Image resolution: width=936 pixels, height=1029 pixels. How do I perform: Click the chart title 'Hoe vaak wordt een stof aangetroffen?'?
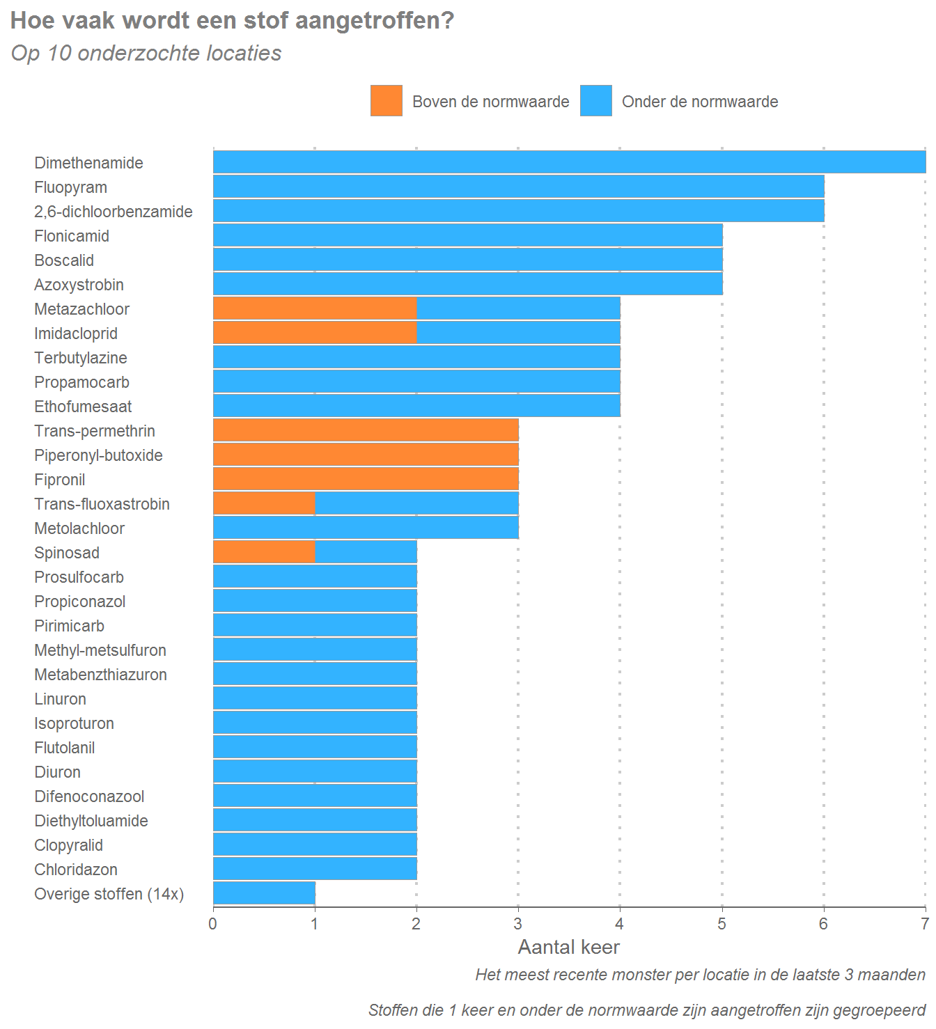[x=232, y=21]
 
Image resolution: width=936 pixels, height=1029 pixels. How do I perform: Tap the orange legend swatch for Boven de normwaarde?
[x=387, y=101]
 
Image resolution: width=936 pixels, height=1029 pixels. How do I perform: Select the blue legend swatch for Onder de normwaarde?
[x=596, y=101]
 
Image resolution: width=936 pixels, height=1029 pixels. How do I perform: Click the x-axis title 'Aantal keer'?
[x=568, y=947]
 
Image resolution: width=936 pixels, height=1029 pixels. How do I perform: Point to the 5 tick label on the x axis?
[x=721, y=924]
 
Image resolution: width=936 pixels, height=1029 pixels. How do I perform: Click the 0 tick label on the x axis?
[x=213, y=924]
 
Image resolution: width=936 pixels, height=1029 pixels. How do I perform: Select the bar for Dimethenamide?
[x=569, y=162]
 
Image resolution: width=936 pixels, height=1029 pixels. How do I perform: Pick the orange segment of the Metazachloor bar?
[x=315, y=308]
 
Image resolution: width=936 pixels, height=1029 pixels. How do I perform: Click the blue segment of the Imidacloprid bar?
[x=518, y=333]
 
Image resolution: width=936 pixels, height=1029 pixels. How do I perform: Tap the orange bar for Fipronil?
[x=366, y=479]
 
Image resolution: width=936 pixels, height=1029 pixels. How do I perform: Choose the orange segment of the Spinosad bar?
[x=264, y=552]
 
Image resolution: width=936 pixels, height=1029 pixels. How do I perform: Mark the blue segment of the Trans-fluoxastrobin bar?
[x=416, y=503]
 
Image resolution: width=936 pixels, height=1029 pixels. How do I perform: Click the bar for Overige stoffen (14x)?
[x=264, y=893]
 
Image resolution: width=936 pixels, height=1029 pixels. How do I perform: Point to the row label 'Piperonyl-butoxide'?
[x=98, y=455]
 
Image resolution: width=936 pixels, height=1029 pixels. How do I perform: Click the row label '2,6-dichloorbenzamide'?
[x=114, y=212]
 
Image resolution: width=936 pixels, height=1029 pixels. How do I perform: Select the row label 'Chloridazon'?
[x=76, y=870]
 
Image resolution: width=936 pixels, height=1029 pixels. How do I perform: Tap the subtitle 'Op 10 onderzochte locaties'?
[x=146, y=54]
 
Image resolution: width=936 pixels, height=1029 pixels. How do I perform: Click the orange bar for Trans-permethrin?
[x=366, y=430]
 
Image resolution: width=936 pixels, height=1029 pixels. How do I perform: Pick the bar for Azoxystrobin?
[x=467, y=284]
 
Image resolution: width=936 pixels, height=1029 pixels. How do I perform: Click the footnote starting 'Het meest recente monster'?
[x=700, y=975]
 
